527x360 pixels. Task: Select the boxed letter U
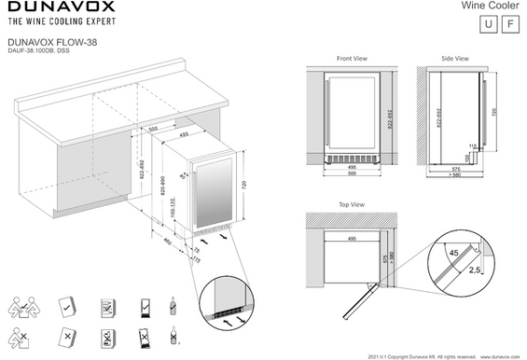(x=486, y=24)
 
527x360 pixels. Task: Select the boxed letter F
(x=508, y=24)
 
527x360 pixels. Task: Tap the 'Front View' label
(x=352, y=59)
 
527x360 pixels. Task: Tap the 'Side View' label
(x=454, y=59)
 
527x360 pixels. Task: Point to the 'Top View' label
(x=351, y=202)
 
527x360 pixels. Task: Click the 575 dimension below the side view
(x=454, y=169)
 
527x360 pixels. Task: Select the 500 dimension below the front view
(x=352, y=174)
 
